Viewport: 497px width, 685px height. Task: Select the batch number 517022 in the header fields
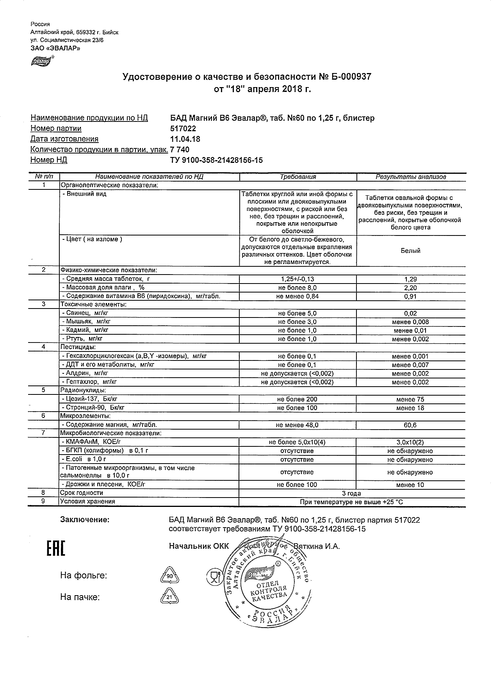[x=183, y=128]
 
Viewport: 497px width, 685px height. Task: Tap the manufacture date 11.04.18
[x=185, y=139]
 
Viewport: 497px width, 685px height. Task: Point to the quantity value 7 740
[x=180, y=150]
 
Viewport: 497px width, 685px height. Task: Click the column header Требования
[x=297, y=177]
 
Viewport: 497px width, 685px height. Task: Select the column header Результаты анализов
[x=410, y=177]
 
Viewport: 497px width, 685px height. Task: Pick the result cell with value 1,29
[x=410, y=279]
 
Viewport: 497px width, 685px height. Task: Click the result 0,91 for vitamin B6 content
[x=410, y=296]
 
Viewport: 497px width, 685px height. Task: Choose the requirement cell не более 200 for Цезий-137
[x=297, y=399]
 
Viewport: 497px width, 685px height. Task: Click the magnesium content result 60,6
[x=410, y=425]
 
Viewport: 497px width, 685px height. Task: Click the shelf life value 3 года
[x=351, y=493]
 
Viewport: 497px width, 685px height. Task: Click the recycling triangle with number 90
[x=169, y=576]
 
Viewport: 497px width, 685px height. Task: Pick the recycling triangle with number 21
[x=169, y=598]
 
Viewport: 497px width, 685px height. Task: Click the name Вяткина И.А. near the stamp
[x=317, y=546]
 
